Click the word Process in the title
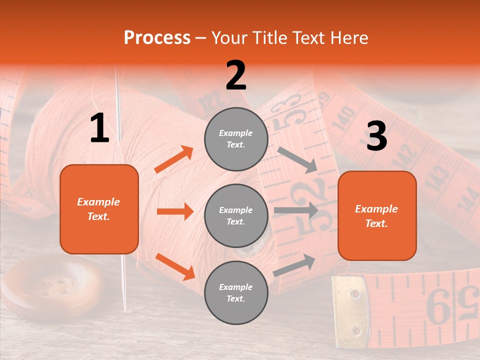157,38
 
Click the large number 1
99,128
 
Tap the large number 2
236,75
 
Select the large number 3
376,136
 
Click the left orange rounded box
99,209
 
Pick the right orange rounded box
377,215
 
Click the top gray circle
236,139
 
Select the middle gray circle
236,215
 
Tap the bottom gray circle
236,292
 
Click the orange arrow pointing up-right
174,159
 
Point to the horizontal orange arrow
175,211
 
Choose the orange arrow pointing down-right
175,266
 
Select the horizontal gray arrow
295,210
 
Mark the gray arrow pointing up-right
294,265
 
